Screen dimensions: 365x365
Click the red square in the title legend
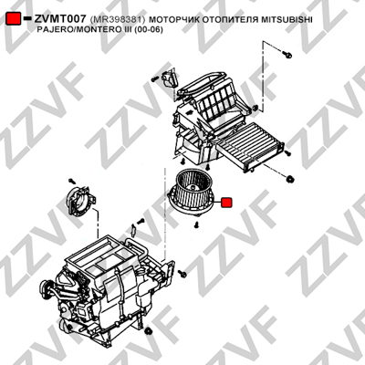(x=14, y=19)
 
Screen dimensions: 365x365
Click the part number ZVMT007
(x=60, y=19)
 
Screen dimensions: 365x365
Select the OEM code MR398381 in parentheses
(x=118, y=20)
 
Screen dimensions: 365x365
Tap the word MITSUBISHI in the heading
(x=287, y=20)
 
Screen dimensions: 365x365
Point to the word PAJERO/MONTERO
(x=72, y=30)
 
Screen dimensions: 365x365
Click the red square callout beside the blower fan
(x=226, y=203)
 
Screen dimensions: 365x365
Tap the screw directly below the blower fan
(x=197, y=225)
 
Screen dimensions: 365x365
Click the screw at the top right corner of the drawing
(x=287, y=55)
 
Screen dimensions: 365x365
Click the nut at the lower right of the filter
(x=290, y=179)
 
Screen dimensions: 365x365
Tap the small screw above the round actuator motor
(x=72, y=181)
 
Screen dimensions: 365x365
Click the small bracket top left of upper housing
(x=170, y=78)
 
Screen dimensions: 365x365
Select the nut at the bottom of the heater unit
(x=149, y=331)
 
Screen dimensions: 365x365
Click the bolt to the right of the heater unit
(x=182, y=273)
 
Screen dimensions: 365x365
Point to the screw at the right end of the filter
(x=288, y=153)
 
